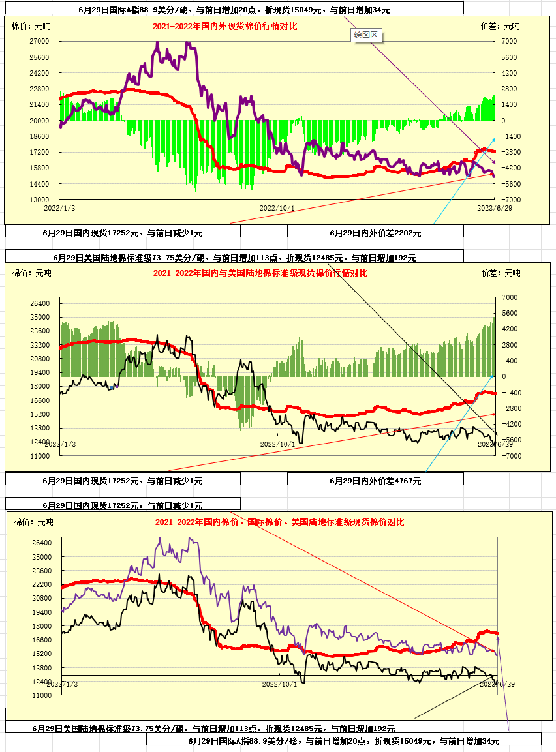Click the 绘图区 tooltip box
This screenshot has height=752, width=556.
[x=365, y=35]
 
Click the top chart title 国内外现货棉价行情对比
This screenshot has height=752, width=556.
[x=224, y=27]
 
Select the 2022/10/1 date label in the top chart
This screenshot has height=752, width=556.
[x=277, y=208]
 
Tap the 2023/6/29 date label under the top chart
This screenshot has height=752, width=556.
[x=494, y=208]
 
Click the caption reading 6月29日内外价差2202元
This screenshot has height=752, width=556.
[x=375, y=232]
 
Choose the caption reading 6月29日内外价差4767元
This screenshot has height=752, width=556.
[x=375, y=481]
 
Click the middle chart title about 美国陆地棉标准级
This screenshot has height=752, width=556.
[x=260, y=273]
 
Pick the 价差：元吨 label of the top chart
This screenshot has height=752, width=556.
[x=500, y=27]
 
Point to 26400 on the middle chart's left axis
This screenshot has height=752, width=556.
[x=40, y=303]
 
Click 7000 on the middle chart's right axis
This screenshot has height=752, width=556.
[x=509, y=297]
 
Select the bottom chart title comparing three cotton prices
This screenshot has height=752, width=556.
[x=279, y=522]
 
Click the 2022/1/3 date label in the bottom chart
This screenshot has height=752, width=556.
[x=63, y=684]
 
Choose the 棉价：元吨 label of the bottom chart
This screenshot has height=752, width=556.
[x=33, y=522]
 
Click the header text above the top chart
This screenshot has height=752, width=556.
[x=234, y=10]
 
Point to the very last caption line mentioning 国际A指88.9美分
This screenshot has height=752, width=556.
[x=343, y=741]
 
